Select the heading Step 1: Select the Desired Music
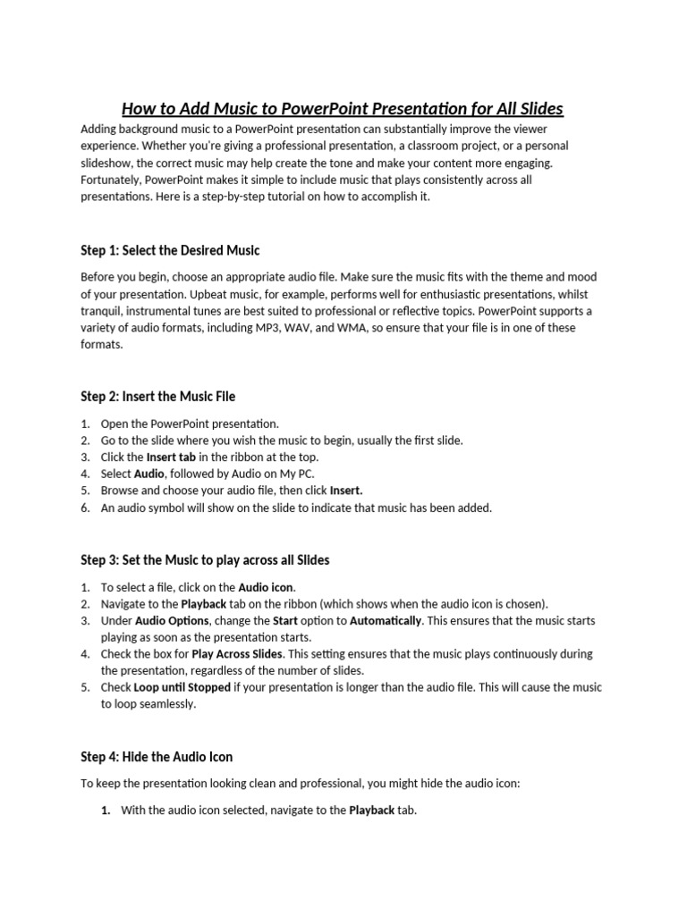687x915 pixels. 170,250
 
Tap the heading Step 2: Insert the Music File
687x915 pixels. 158,396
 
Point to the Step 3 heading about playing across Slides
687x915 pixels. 205,560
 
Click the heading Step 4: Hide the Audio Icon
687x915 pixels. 157,757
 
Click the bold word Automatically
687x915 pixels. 386,621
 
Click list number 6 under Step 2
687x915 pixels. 85,508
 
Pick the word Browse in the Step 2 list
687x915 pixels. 119,491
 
